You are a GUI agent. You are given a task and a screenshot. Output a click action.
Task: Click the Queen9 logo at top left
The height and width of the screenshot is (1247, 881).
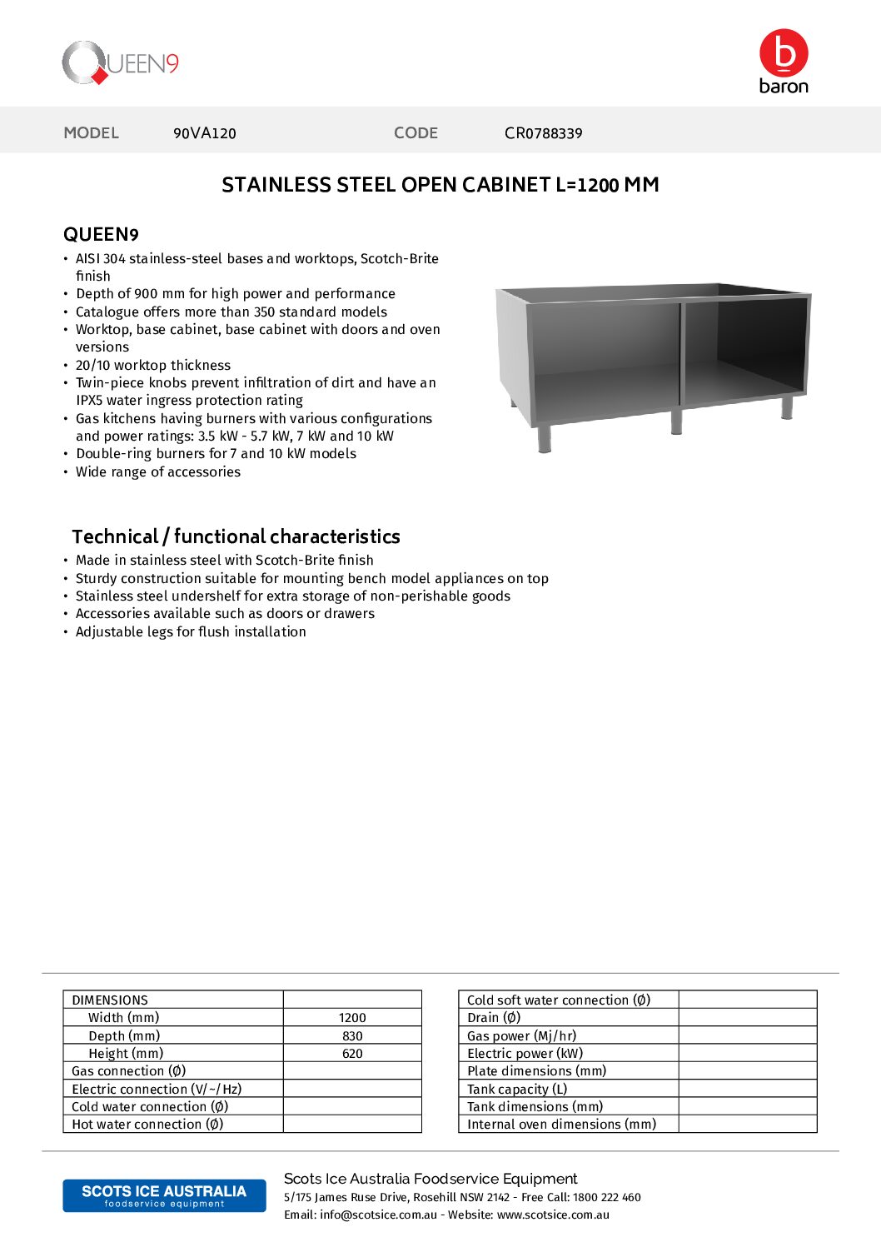[x=120, y=63]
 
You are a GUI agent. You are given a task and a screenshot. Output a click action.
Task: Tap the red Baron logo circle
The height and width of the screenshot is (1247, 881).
[x=784, y=52]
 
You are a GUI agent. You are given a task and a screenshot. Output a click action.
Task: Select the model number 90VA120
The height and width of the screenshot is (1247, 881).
[x=205, y=133]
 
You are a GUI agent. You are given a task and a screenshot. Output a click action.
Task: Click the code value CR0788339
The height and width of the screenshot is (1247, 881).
[x=543, y=133]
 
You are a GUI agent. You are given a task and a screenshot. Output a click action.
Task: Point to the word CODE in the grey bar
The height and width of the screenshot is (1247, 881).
[x=416, y=133]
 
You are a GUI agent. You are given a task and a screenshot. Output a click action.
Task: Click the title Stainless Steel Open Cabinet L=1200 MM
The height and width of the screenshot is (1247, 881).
[x=440, y=185]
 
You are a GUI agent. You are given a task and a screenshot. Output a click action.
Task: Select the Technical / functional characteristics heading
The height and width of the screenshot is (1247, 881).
[x=236, y=536]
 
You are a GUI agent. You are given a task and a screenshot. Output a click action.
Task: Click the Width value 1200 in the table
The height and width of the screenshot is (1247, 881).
[x=352, y=1018]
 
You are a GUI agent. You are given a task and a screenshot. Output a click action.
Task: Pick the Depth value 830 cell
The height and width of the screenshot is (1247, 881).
[x=352, y=1036]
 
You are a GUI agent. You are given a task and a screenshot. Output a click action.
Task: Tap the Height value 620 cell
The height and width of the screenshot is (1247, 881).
[x=352, y=1054]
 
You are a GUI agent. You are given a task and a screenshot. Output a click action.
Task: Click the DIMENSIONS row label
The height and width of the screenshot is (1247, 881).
[x=110, y=1000]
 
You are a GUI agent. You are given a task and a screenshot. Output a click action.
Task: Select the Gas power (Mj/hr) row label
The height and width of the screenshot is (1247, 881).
[x=521, y=1036]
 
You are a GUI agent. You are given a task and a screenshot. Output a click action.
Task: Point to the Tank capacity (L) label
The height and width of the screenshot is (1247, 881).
[x=517, y=1090]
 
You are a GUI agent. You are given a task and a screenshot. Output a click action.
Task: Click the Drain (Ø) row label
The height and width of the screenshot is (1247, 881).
[x=494, y=1018]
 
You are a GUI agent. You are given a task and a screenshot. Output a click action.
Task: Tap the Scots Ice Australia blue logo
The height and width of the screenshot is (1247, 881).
[x=164, y=1195]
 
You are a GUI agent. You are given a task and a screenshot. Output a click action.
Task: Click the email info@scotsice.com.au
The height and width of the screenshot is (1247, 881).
[x=378, y=1215]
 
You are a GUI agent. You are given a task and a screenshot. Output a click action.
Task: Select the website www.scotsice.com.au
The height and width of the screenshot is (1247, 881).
[x=553, y=1215]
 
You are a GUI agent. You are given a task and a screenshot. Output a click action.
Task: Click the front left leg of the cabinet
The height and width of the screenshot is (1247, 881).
[x=545, y=438]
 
